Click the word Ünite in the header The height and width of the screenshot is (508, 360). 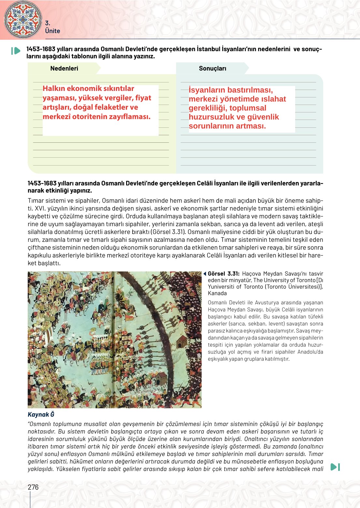(52, 31)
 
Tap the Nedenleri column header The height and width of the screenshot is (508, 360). (64, 68)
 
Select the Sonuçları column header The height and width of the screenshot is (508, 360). (212, 68)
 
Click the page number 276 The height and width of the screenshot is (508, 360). (33, 487)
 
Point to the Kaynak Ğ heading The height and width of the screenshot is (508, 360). (41, 414)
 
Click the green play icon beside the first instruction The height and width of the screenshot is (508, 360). (16, 51)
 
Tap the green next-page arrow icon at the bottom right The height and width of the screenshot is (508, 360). (335, 467)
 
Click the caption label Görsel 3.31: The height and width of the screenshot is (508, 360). (223, 274)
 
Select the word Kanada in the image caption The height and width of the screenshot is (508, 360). (217, 293)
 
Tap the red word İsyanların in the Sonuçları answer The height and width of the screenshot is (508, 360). (207, 90)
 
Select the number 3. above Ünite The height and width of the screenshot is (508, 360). (48, 23)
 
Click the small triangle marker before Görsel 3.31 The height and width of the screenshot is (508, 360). (205, 274)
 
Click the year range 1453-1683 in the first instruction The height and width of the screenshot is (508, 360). (41, 49)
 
